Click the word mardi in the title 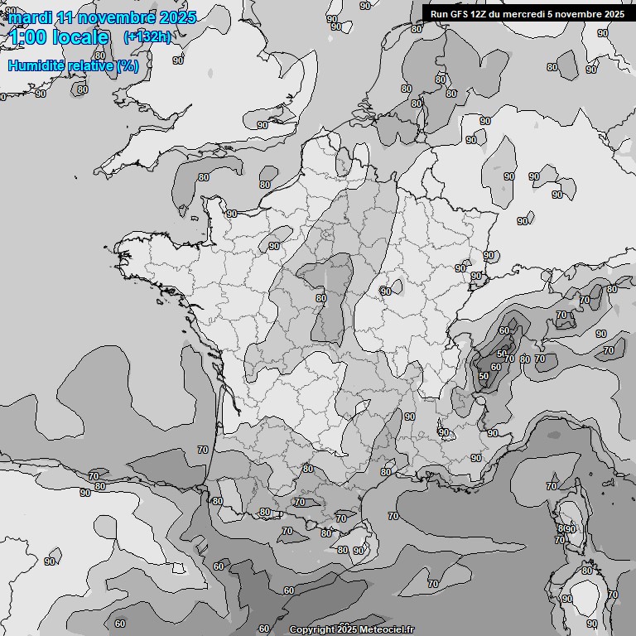(x=30, y=17)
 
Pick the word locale (x=80, y=37)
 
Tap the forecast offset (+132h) (x=147, y=36)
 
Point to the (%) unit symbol (x=128, y=65)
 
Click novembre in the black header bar (x=578, y=14)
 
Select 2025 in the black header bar (x=614, y=14)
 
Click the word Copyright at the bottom (x=311, y=629)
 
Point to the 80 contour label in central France (x=320, y=298)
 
